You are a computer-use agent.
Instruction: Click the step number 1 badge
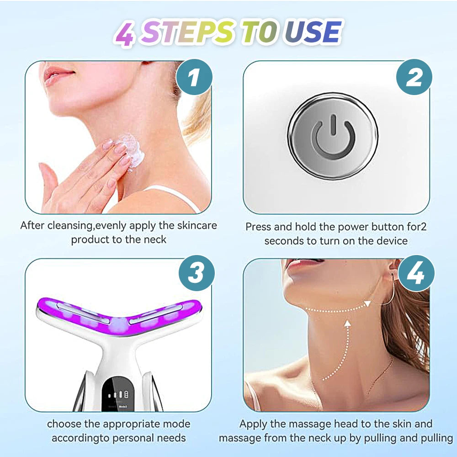pos(194,77)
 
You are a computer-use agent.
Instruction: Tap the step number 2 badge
pos(414,77)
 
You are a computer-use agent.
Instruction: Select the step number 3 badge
pos(197,273)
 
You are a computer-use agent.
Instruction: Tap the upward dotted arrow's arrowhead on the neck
pos(347,323)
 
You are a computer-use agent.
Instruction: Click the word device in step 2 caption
pos(392,241)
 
